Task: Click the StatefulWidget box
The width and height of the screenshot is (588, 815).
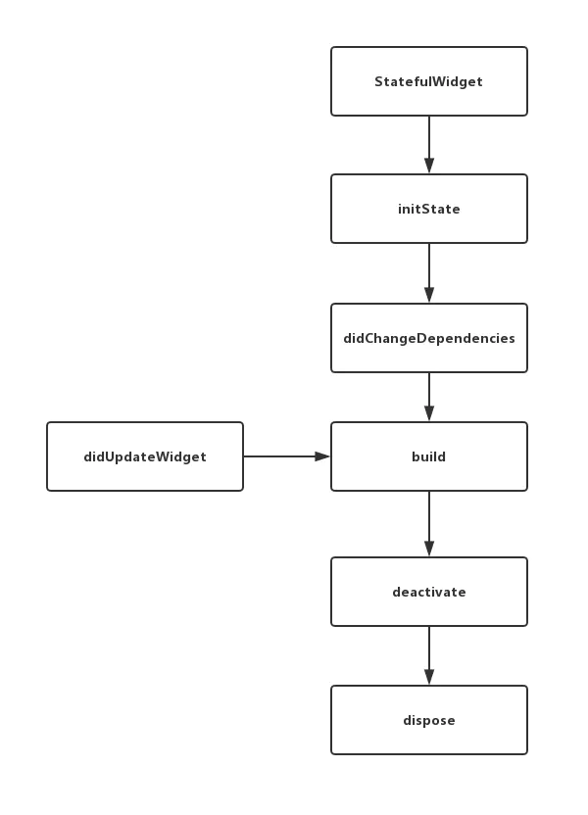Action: click(x=429, y=81)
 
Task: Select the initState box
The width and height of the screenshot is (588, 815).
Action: click(x=429, y=209)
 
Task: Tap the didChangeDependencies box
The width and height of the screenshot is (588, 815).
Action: click(x=429, y=338)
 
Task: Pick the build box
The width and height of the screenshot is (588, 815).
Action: click(x=429, y=456)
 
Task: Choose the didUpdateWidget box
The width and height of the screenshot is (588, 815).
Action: click(x=145, y=456)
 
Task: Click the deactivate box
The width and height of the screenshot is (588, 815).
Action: click(x=429, y=592)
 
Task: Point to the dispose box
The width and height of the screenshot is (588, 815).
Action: click(x=429, y=720)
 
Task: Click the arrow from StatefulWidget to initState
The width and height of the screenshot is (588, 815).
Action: click(x=429, y=145)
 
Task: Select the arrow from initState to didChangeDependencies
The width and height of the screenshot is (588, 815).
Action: click(x=429, y=273)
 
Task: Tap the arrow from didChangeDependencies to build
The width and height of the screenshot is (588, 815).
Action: click(x=429, y=397)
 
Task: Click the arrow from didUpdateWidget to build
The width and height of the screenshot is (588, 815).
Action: click(x=287, y=456)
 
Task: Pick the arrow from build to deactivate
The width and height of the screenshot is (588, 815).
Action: click(x=429, y=524)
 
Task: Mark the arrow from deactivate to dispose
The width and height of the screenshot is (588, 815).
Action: click(x=429, y=655)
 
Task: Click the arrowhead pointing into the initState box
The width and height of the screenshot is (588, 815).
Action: click(x=429, y=167)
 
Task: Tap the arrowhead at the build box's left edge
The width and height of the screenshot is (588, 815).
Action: click(x=322, y=456)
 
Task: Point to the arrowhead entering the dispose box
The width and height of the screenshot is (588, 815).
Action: click(x=429, y=678)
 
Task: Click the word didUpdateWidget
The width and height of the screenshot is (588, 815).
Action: click(x=145, y=456)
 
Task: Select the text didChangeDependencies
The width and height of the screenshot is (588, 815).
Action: click(x=429, y=338)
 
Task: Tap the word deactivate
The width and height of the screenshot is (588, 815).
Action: click(x=429, y=592)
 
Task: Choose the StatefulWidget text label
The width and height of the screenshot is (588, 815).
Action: click(x=429, y=81)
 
